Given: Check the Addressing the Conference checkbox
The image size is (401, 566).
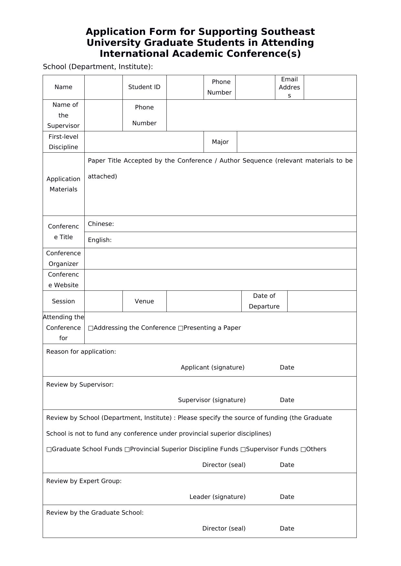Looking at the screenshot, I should tap(90, 328).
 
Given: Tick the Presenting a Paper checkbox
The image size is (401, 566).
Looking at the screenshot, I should tap(181, 328).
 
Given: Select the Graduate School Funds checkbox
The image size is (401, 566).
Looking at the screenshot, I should tap(49, 450).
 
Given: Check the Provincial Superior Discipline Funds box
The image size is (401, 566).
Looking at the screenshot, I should tap(127, 450).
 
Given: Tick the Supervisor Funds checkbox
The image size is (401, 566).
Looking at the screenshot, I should tap(243, 450).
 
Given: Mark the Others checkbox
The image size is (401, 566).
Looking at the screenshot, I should tap(303, 450).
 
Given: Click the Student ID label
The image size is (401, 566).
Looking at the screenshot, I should tap(144, 87).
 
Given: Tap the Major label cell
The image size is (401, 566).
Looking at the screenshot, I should tap(220, 142).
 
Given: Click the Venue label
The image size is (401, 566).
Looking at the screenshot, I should tap(144, 301).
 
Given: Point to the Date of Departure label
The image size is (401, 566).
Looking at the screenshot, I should tap(264, 301).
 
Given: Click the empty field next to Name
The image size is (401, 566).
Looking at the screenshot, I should tap(103, 87).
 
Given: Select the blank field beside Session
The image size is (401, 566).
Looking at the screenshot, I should tap(103, 301).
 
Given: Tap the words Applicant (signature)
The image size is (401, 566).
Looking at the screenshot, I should tap(212, 368).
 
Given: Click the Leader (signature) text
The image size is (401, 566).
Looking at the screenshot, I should tap(217, 497).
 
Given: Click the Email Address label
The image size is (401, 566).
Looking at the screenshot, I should tap(289, 87).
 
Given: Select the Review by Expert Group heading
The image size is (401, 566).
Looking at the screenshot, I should tap(84, 481).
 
